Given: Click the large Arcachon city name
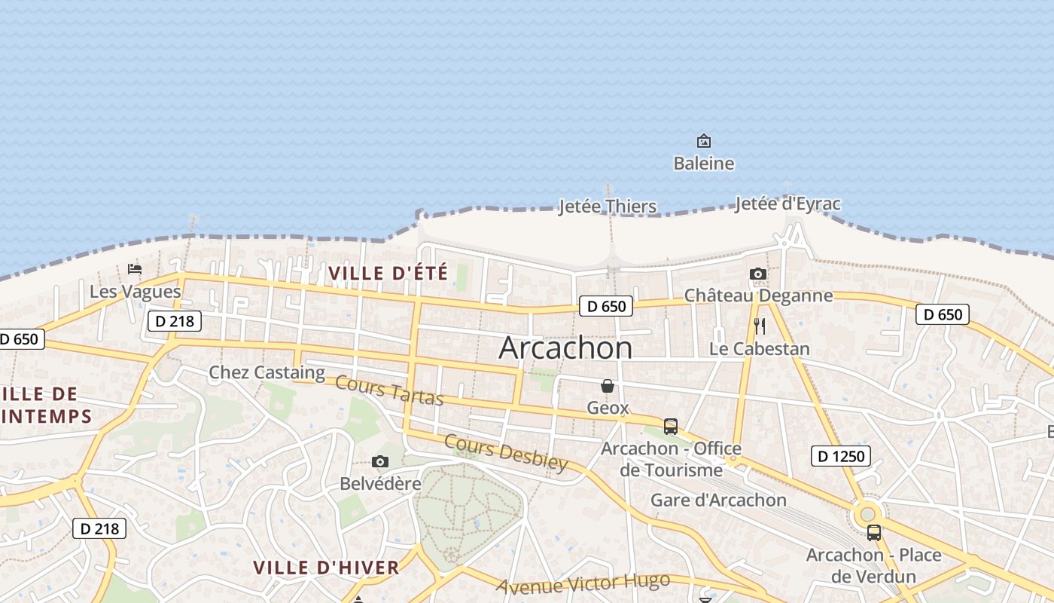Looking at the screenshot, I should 565,347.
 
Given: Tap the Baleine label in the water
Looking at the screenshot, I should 703,163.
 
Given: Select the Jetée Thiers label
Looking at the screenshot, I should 607,207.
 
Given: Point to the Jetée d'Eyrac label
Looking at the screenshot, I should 787,204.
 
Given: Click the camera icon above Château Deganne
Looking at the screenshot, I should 758,274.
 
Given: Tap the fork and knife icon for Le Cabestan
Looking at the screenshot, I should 759,326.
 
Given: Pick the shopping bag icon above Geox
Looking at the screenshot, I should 608,386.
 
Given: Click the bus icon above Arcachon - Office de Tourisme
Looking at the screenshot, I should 670,426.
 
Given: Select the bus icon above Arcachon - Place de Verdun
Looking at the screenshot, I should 873,532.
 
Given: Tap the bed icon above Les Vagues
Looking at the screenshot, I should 135,269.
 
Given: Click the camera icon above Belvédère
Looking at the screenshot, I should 380,461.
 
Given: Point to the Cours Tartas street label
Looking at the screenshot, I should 389,390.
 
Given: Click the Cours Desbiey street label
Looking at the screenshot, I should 505,452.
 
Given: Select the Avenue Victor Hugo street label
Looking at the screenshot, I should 583,583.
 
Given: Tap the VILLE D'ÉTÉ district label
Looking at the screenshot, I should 388,273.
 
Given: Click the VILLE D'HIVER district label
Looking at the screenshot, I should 326,568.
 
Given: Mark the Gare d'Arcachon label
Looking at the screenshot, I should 717,500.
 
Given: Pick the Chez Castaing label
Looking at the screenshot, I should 267,372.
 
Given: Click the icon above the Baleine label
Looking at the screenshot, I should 703,141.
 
